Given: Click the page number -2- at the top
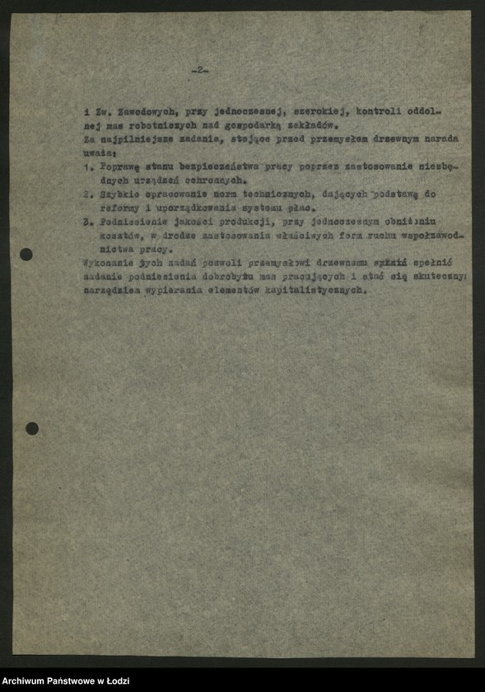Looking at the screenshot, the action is click(200, 71).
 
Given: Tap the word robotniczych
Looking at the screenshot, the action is click(156, 125).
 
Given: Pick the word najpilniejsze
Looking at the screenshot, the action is click(131, 139).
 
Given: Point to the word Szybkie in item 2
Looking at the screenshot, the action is click(121, 194).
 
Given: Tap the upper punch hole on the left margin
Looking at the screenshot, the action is click(26, 255).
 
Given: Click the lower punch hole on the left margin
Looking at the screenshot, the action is click(32, 428).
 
